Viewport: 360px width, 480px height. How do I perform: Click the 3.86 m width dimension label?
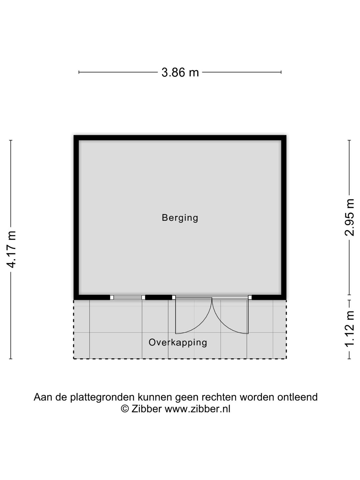pyautogui.click(x=180, y=72)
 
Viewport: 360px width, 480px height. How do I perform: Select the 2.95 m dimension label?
pyautogui.click(x=349, y=217)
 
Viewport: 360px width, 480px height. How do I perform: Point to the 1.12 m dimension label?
pyautogui.click(x=349, y=329)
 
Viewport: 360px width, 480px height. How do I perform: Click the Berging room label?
pyautogui.click(x=180, y=218)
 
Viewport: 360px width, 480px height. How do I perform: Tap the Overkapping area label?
pyautogui.click(x=178, y=342)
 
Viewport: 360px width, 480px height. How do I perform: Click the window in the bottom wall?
pyautogui.click(x=128, y=297)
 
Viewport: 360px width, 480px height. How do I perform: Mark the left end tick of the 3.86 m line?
pyautogui.click(x=79, y=72)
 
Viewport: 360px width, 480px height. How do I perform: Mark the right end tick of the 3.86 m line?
pyautogui.click(x=281, y=72)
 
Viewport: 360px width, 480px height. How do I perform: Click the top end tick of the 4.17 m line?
pyautogui.click(x=11, y=140)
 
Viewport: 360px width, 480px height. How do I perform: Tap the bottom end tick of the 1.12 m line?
pyautogui.click(x=349, y=359)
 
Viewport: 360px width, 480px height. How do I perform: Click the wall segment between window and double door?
pyautogui.click(x=159, y=297)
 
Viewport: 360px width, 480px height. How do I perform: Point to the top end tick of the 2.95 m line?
pyautogui.click(x=349, y=140)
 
